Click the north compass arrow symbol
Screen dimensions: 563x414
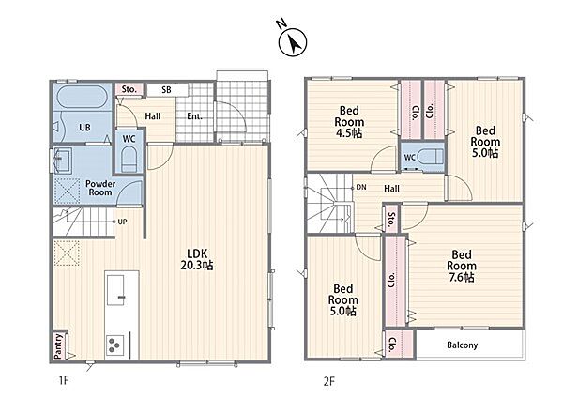(293, 42)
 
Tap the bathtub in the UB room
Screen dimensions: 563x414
(83, 97)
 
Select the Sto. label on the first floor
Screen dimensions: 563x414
(129, 89)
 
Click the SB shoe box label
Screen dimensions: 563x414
(166, 89)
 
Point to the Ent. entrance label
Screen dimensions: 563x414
(194, 116)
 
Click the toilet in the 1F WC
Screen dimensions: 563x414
(129, 161)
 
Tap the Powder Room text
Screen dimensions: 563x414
(100, 188)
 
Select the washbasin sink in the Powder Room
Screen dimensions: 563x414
(62, 161)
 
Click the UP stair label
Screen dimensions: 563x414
(122, 222)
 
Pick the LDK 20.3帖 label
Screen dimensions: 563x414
(197, 259)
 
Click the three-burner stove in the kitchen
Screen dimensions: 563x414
(114, 345)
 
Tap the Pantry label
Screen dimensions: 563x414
(58, 345)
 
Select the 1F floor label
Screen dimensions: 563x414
(64, 380)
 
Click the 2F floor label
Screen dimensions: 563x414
(329, 381)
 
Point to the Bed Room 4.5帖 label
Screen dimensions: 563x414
(349, 122)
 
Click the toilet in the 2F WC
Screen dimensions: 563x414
(431, 157)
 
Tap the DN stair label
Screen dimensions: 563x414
(361, 187)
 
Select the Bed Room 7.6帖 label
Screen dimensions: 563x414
(462, 266)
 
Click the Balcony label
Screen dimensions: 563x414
(462, 345)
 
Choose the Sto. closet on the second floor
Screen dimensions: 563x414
(391, 217)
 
